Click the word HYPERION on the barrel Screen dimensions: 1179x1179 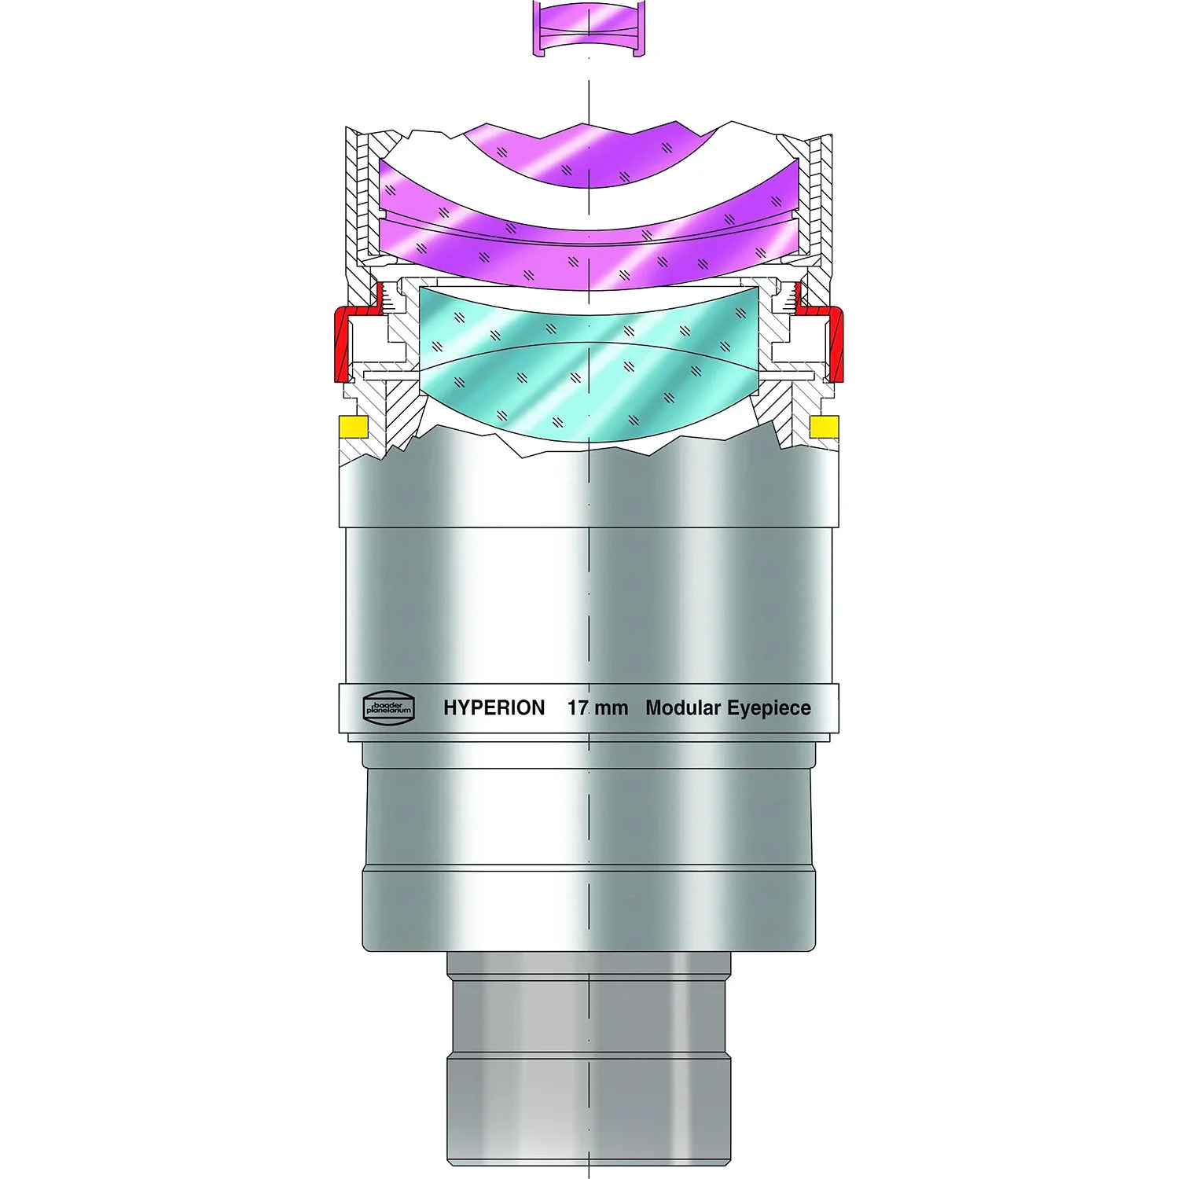[x=494, y=707]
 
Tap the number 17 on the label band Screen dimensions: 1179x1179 [x=578, y=707]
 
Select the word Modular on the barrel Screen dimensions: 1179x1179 [x=683, y=707]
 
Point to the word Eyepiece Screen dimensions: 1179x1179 [x=769, y=709]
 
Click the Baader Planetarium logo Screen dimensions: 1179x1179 [x=389, y=707]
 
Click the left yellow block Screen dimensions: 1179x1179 [x=354, y=426]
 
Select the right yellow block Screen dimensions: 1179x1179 [x=824, y=426]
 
